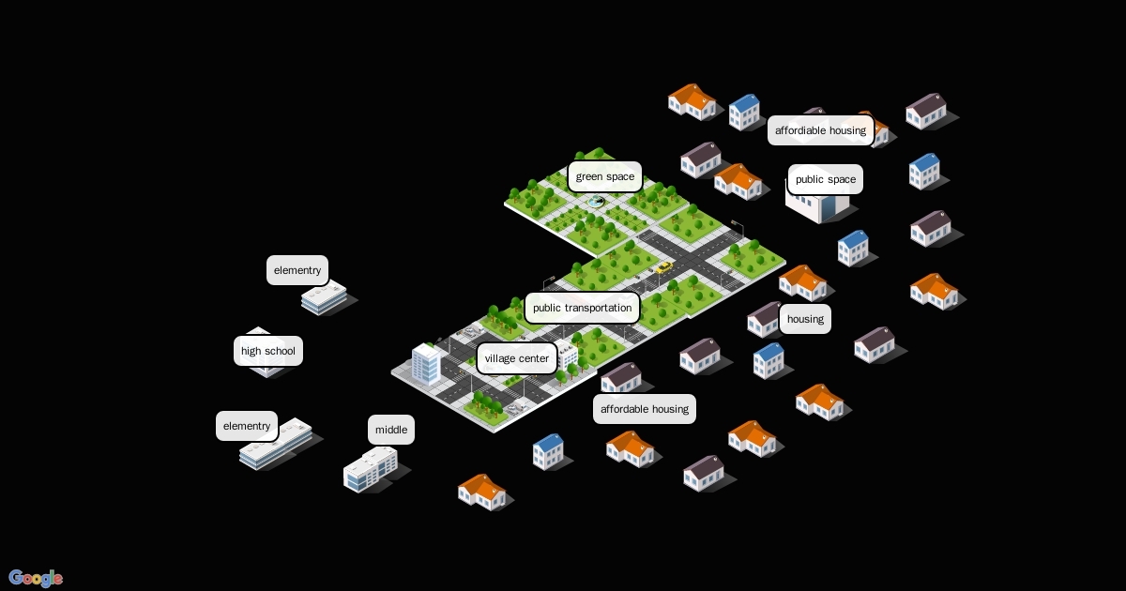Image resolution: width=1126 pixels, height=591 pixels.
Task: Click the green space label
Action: (604, 176)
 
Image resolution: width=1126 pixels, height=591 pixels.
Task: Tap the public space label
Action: (825, 179)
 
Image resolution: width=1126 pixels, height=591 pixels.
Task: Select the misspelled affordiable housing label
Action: (820, 130)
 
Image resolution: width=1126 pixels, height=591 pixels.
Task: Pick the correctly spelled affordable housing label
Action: (644, 409)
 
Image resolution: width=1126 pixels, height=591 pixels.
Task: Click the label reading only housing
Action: (804, 319)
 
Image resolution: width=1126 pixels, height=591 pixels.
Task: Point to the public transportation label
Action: (582, 308)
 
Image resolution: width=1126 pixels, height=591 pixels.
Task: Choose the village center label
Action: (516, 358)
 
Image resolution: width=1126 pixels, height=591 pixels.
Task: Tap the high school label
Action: (267, 351)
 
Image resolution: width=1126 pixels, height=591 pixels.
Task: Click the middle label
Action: (390, 430)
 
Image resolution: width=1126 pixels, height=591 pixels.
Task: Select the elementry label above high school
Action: (297, 270)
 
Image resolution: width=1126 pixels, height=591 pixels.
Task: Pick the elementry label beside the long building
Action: (246, 426)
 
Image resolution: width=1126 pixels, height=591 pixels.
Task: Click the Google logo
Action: (36, 578)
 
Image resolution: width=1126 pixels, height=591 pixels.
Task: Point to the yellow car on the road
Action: (663, 267)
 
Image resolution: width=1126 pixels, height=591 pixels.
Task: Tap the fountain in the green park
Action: (596, 201)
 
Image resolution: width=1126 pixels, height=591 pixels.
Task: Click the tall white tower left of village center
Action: (426, 364)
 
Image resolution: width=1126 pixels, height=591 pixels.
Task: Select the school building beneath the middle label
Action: (371, 469)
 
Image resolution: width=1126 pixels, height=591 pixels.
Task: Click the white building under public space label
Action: (818, 205)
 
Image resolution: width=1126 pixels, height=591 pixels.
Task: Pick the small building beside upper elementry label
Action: (324, 298)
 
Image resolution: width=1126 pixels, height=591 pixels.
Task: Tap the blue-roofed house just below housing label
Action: (768, 360)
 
